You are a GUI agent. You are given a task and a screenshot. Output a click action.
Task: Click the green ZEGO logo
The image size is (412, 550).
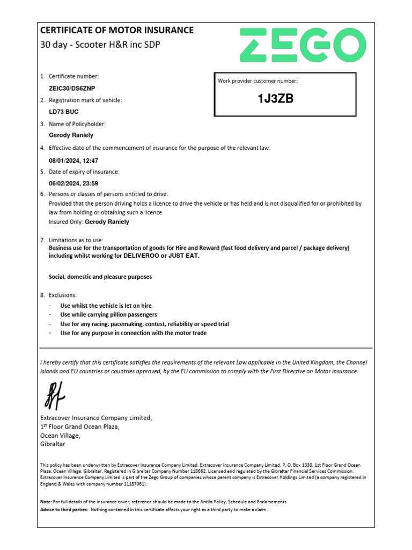[303, 45]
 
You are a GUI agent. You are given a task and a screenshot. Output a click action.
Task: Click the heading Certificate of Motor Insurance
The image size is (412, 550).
[117, 30]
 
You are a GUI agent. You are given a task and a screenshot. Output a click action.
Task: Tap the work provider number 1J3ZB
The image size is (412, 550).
[276, 98]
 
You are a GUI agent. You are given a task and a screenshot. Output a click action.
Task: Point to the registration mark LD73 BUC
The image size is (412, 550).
[64, 112]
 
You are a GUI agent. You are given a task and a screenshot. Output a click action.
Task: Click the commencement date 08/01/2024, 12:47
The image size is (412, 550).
[73, 161]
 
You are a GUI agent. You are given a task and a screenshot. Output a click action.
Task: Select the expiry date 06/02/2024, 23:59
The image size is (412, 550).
[73, 183]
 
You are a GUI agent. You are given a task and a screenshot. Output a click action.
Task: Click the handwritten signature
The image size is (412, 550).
[54, 395]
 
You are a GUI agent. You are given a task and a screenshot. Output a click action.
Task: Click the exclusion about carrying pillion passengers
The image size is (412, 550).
[108, 315]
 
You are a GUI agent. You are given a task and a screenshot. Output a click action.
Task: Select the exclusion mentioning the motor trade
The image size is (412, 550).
[133, 333]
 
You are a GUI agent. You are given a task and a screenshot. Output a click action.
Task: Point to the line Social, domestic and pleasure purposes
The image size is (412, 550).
[100, 277]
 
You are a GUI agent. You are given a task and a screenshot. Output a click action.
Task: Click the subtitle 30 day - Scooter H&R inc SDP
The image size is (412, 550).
[100, 45]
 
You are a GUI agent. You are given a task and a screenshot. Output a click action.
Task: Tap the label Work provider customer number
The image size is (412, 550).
[257, 81]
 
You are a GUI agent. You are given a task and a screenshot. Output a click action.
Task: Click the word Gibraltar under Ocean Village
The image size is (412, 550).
[53, 444]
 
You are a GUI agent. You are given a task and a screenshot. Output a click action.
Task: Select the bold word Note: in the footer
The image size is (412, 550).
[46, 502]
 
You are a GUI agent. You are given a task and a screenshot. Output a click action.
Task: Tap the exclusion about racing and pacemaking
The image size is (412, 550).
[144, 324]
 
